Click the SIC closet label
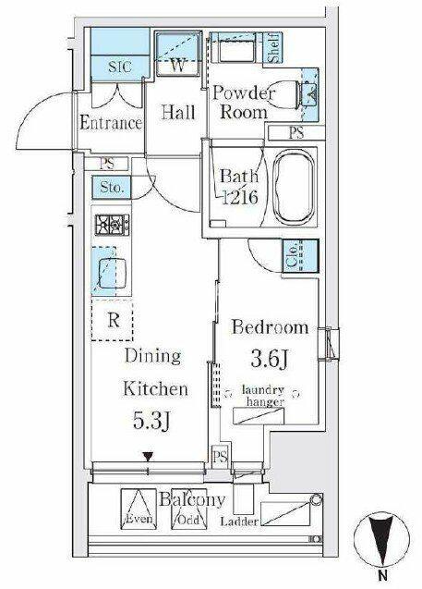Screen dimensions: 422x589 pos(120,67)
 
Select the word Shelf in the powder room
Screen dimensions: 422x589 pos(273,48)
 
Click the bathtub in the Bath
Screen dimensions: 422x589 pos(294,187)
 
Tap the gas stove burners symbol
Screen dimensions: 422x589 pos(112,225)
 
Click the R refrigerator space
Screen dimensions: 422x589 pos(112,320)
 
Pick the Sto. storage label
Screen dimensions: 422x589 pos(112,187)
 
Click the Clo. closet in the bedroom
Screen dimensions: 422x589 pos(301,256)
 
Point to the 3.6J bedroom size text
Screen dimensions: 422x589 pos(270,359)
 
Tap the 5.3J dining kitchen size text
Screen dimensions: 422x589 pos(151,421)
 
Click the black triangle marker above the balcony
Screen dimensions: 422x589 pos(149,457)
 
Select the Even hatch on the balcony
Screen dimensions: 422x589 pos(139,509)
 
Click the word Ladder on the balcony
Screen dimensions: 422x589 pos(239,522)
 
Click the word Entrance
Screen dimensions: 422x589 pos(111,123)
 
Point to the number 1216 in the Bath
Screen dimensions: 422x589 pos(240,197)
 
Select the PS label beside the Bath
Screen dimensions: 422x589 pos(296,133)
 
